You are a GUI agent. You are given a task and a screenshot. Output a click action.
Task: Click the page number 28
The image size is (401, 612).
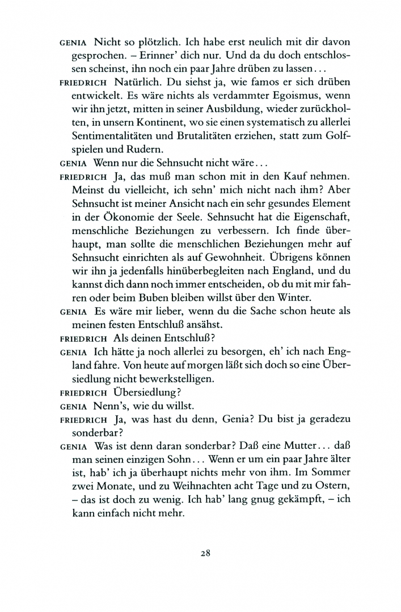point(205,553)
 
